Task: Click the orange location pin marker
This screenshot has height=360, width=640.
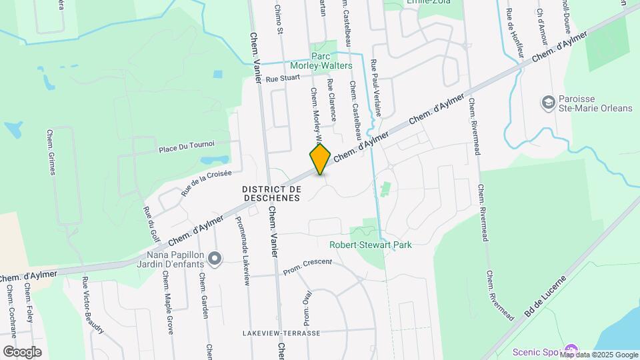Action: click(x=320, y=159)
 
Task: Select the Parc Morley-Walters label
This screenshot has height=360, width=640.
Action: click(x=321, y=61)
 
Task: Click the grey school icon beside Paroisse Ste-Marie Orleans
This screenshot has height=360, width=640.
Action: click(x=549, y=102)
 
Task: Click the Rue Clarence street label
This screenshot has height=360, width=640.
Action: click(x=331, y=99)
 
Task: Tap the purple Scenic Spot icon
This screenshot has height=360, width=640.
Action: click(x=571, y=351)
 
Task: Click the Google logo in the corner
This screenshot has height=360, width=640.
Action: click(x=22, y=351)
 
